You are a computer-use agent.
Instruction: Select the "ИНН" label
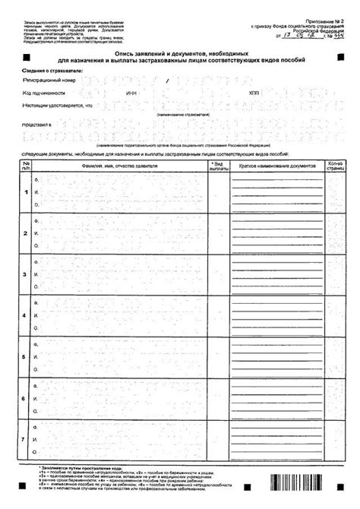(131, 92)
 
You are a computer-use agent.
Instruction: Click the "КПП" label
(254, 92)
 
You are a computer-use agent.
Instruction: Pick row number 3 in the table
(26, 273)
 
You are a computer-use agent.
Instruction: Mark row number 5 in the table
(26, 356)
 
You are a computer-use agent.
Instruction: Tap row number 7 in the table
(26, 438)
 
